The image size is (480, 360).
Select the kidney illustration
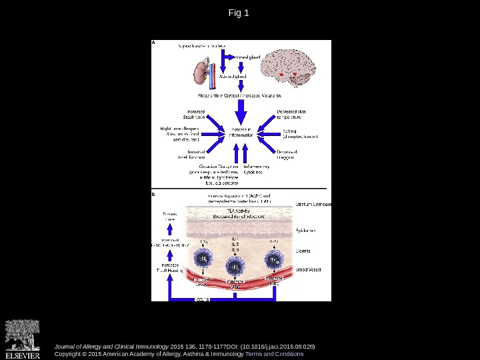tap(202, 73)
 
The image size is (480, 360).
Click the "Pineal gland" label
tap(249, 57)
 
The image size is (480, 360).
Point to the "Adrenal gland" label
tap(233, 77)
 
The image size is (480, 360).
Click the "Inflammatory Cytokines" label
tap(257, 169)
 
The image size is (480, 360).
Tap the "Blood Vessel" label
tap(309, 270)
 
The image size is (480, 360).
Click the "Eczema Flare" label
tap(170, 217)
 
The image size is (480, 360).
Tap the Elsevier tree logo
tap(22, 335)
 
